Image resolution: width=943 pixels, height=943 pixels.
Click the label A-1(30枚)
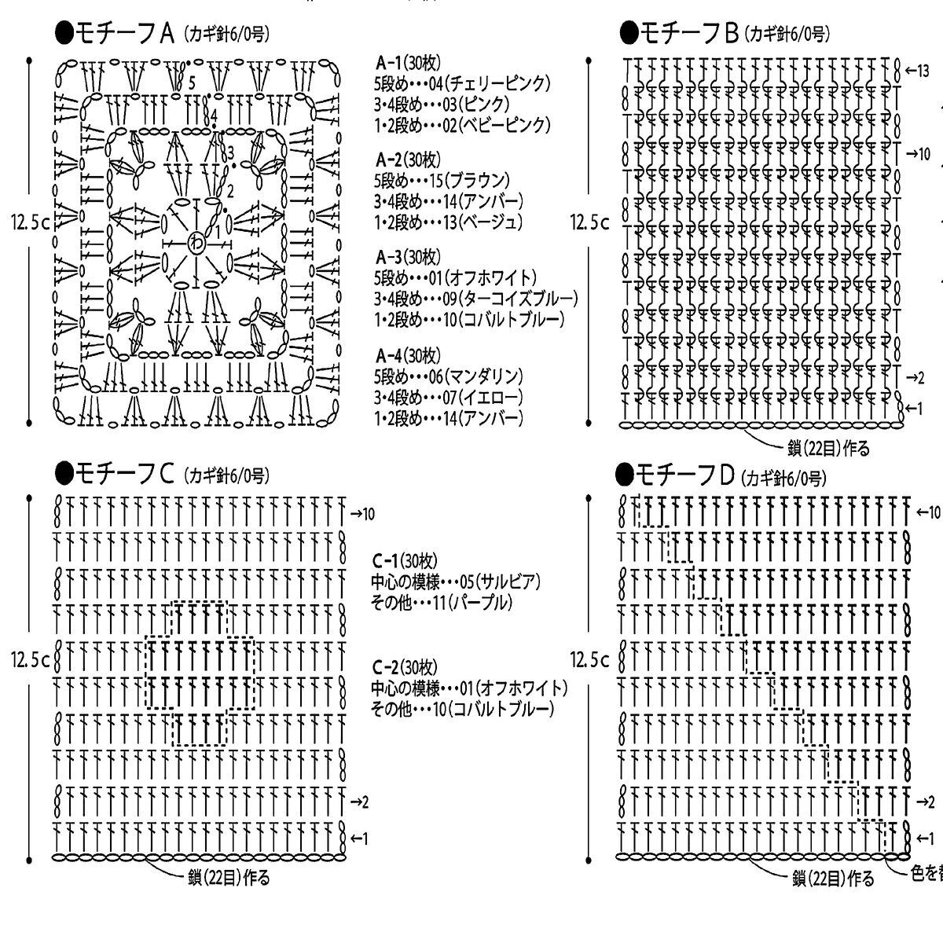click(x=409, y=63)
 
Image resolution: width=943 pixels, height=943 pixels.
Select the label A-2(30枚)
click(x=409, y=160)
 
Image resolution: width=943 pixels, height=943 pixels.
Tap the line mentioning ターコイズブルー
click(x=476, y=299)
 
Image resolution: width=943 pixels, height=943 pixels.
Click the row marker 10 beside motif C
click(x=362, y=514)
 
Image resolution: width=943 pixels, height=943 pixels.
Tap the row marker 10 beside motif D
click(x=928, y=512)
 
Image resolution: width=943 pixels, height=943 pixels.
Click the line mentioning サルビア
click(x=456, y=582)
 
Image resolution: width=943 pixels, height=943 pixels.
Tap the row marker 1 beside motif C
click(x=360, y=839)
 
